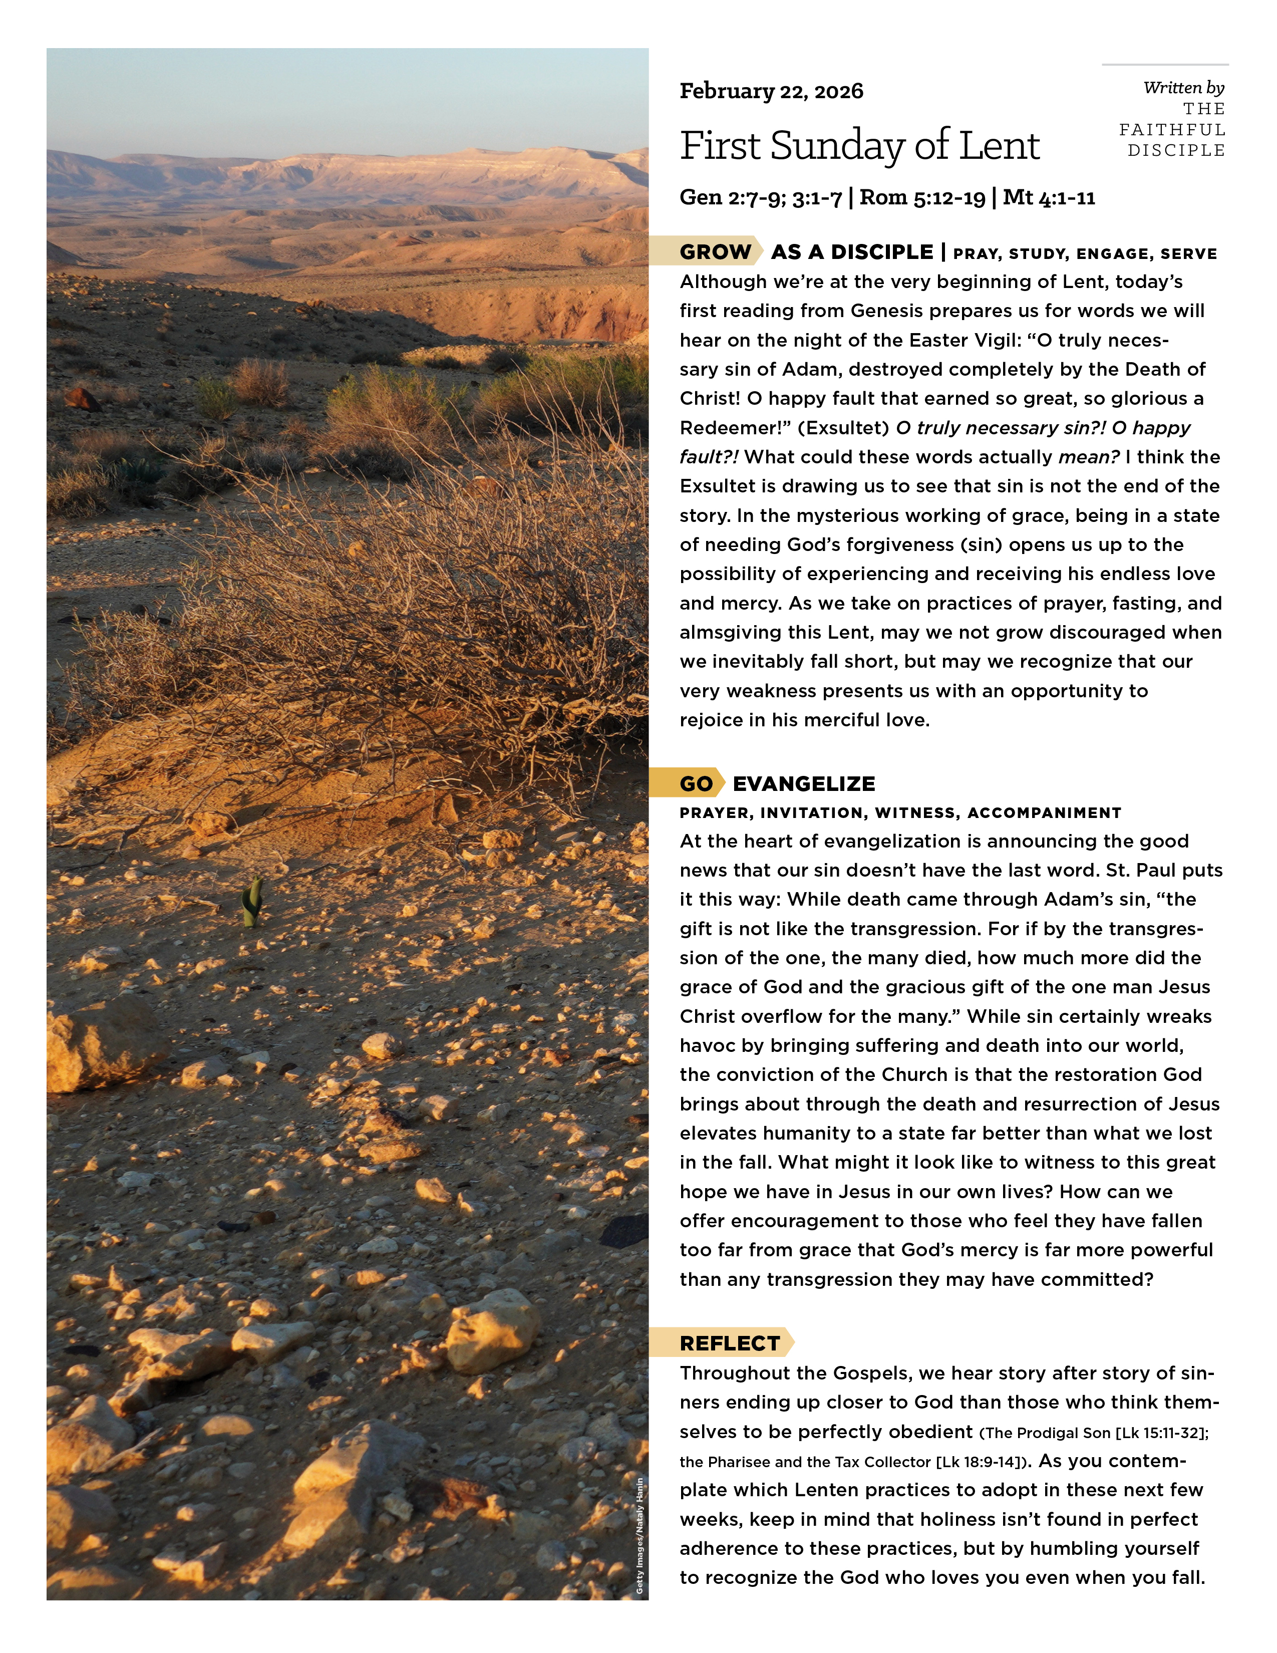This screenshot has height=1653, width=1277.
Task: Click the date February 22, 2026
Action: (x=771, y=92)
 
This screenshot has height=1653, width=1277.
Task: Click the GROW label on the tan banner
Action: (x=715, y=252)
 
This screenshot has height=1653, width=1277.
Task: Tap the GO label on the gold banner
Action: (x=696, y=783)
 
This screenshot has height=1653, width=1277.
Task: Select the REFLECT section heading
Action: (x=729, y=1343)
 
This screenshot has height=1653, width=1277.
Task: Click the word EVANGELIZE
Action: (x=803, y=783)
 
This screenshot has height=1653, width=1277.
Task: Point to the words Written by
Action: (x=1183, y=88)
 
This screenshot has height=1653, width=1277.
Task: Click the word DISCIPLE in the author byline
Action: (x=1176, y=151)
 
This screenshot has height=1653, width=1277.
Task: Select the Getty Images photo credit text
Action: (x=640, y=1536)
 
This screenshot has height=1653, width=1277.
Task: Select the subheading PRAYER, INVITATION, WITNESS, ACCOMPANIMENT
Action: (x=900, y=813)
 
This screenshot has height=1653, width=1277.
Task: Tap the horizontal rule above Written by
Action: (x=1165, y=64)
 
